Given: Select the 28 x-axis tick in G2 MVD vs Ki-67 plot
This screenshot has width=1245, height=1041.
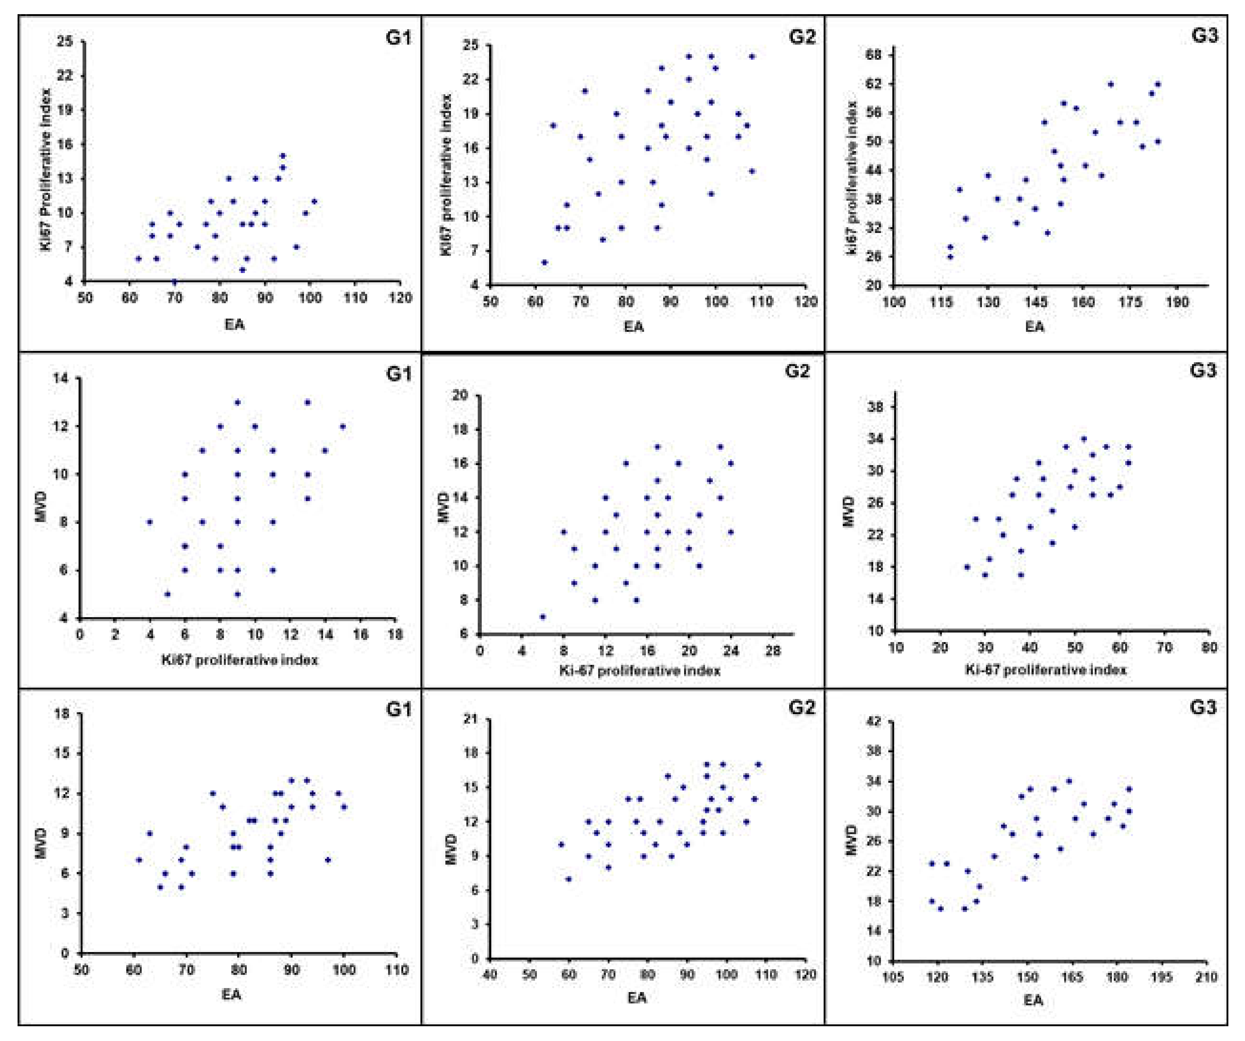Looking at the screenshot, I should (x=773, y=651).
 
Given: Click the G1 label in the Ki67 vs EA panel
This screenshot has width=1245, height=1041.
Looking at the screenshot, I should (x=398, y=37).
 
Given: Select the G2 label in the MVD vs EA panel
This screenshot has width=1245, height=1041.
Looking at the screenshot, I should (x=801, y=707).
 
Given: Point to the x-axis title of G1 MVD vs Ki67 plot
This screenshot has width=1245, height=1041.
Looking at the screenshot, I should (x=240, y=659).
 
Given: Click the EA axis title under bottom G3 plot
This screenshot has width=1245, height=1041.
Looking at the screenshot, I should (x=1033, y=1001).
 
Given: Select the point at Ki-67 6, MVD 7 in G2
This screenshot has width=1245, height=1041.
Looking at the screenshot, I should (x=542, y=617).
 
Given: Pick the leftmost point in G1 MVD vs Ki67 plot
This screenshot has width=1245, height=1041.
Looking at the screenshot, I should (x=150, y=522).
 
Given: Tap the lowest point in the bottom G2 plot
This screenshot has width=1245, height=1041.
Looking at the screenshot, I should (x=569, y=879).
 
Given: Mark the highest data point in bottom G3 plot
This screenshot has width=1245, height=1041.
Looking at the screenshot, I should (x=1069, y=781).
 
